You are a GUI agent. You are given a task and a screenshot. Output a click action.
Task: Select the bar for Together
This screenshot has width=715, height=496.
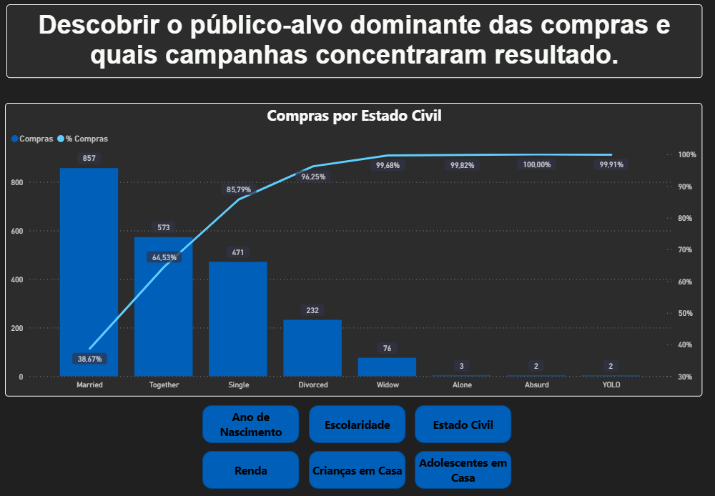(164, 314)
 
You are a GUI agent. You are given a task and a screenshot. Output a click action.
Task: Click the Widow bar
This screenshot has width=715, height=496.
(387, 367)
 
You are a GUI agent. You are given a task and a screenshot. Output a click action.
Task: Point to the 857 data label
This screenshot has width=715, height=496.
(89, 158)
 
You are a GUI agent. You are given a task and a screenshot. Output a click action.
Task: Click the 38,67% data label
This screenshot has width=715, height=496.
(89, 359)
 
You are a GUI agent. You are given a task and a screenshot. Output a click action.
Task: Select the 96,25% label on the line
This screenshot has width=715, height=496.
(313, 177)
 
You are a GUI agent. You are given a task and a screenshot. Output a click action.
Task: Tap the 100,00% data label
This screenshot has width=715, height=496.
(537, 165)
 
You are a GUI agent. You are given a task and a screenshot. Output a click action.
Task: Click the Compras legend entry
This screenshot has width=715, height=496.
(32, 139)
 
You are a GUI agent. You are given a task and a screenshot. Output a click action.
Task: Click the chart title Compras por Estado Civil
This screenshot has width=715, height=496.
(354, 116)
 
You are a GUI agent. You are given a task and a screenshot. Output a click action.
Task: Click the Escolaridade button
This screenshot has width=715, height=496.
(357, 425)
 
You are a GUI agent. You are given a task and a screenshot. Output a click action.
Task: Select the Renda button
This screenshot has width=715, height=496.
(250, 470)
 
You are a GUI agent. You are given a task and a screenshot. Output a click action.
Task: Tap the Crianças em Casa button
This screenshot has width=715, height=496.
(357, 470)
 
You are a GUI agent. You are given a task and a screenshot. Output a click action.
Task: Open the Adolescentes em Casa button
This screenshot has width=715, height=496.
(463, 470)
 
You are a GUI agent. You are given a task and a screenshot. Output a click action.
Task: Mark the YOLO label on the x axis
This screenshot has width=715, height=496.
(611, 385)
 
